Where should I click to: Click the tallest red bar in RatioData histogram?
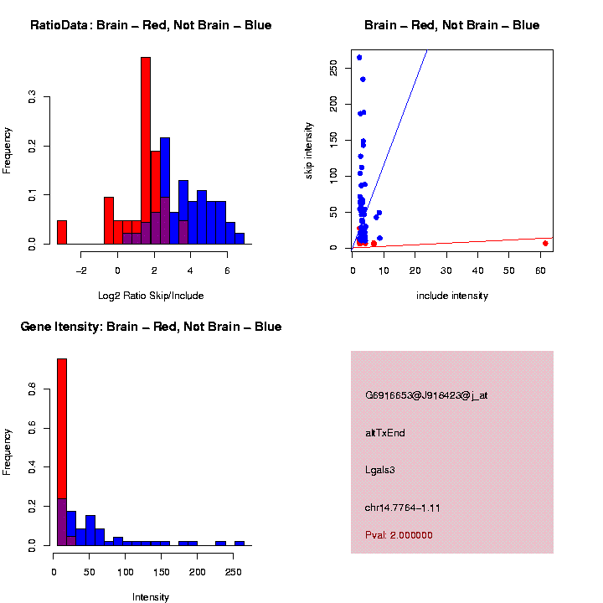coord(146,151)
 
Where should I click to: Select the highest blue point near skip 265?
coord(359,58)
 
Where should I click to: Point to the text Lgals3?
coord(380,470)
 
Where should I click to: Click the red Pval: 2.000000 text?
coord(399,535)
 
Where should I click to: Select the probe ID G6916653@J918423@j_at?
coord(426,395)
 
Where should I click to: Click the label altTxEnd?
coord(385,433)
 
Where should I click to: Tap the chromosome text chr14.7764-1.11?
coord(403,508)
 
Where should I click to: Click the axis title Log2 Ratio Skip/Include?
coord(151,296)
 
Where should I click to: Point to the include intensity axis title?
coord(452,296)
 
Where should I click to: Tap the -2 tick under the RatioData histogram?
coord(81,271)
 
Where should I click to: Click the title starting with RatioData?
coord(151,26)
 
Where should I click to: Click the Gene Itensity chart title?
coord(151,327)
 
